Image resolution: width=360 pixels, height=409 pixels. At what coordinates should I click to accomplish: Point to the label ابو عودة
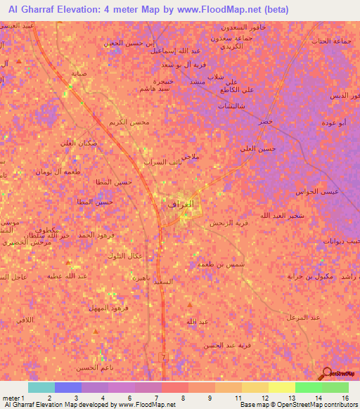tap(333, 122)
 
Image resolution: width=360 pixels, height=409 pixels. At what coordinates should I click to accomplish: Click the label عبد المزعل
tap(302, 318)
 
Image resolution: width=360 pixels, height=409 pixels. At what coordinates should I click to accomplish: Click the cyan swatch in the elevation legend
tap(41, 387)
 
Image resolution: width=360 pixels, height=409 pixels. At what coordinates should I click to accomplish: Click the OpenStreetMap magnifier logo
tap(327, 373)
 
